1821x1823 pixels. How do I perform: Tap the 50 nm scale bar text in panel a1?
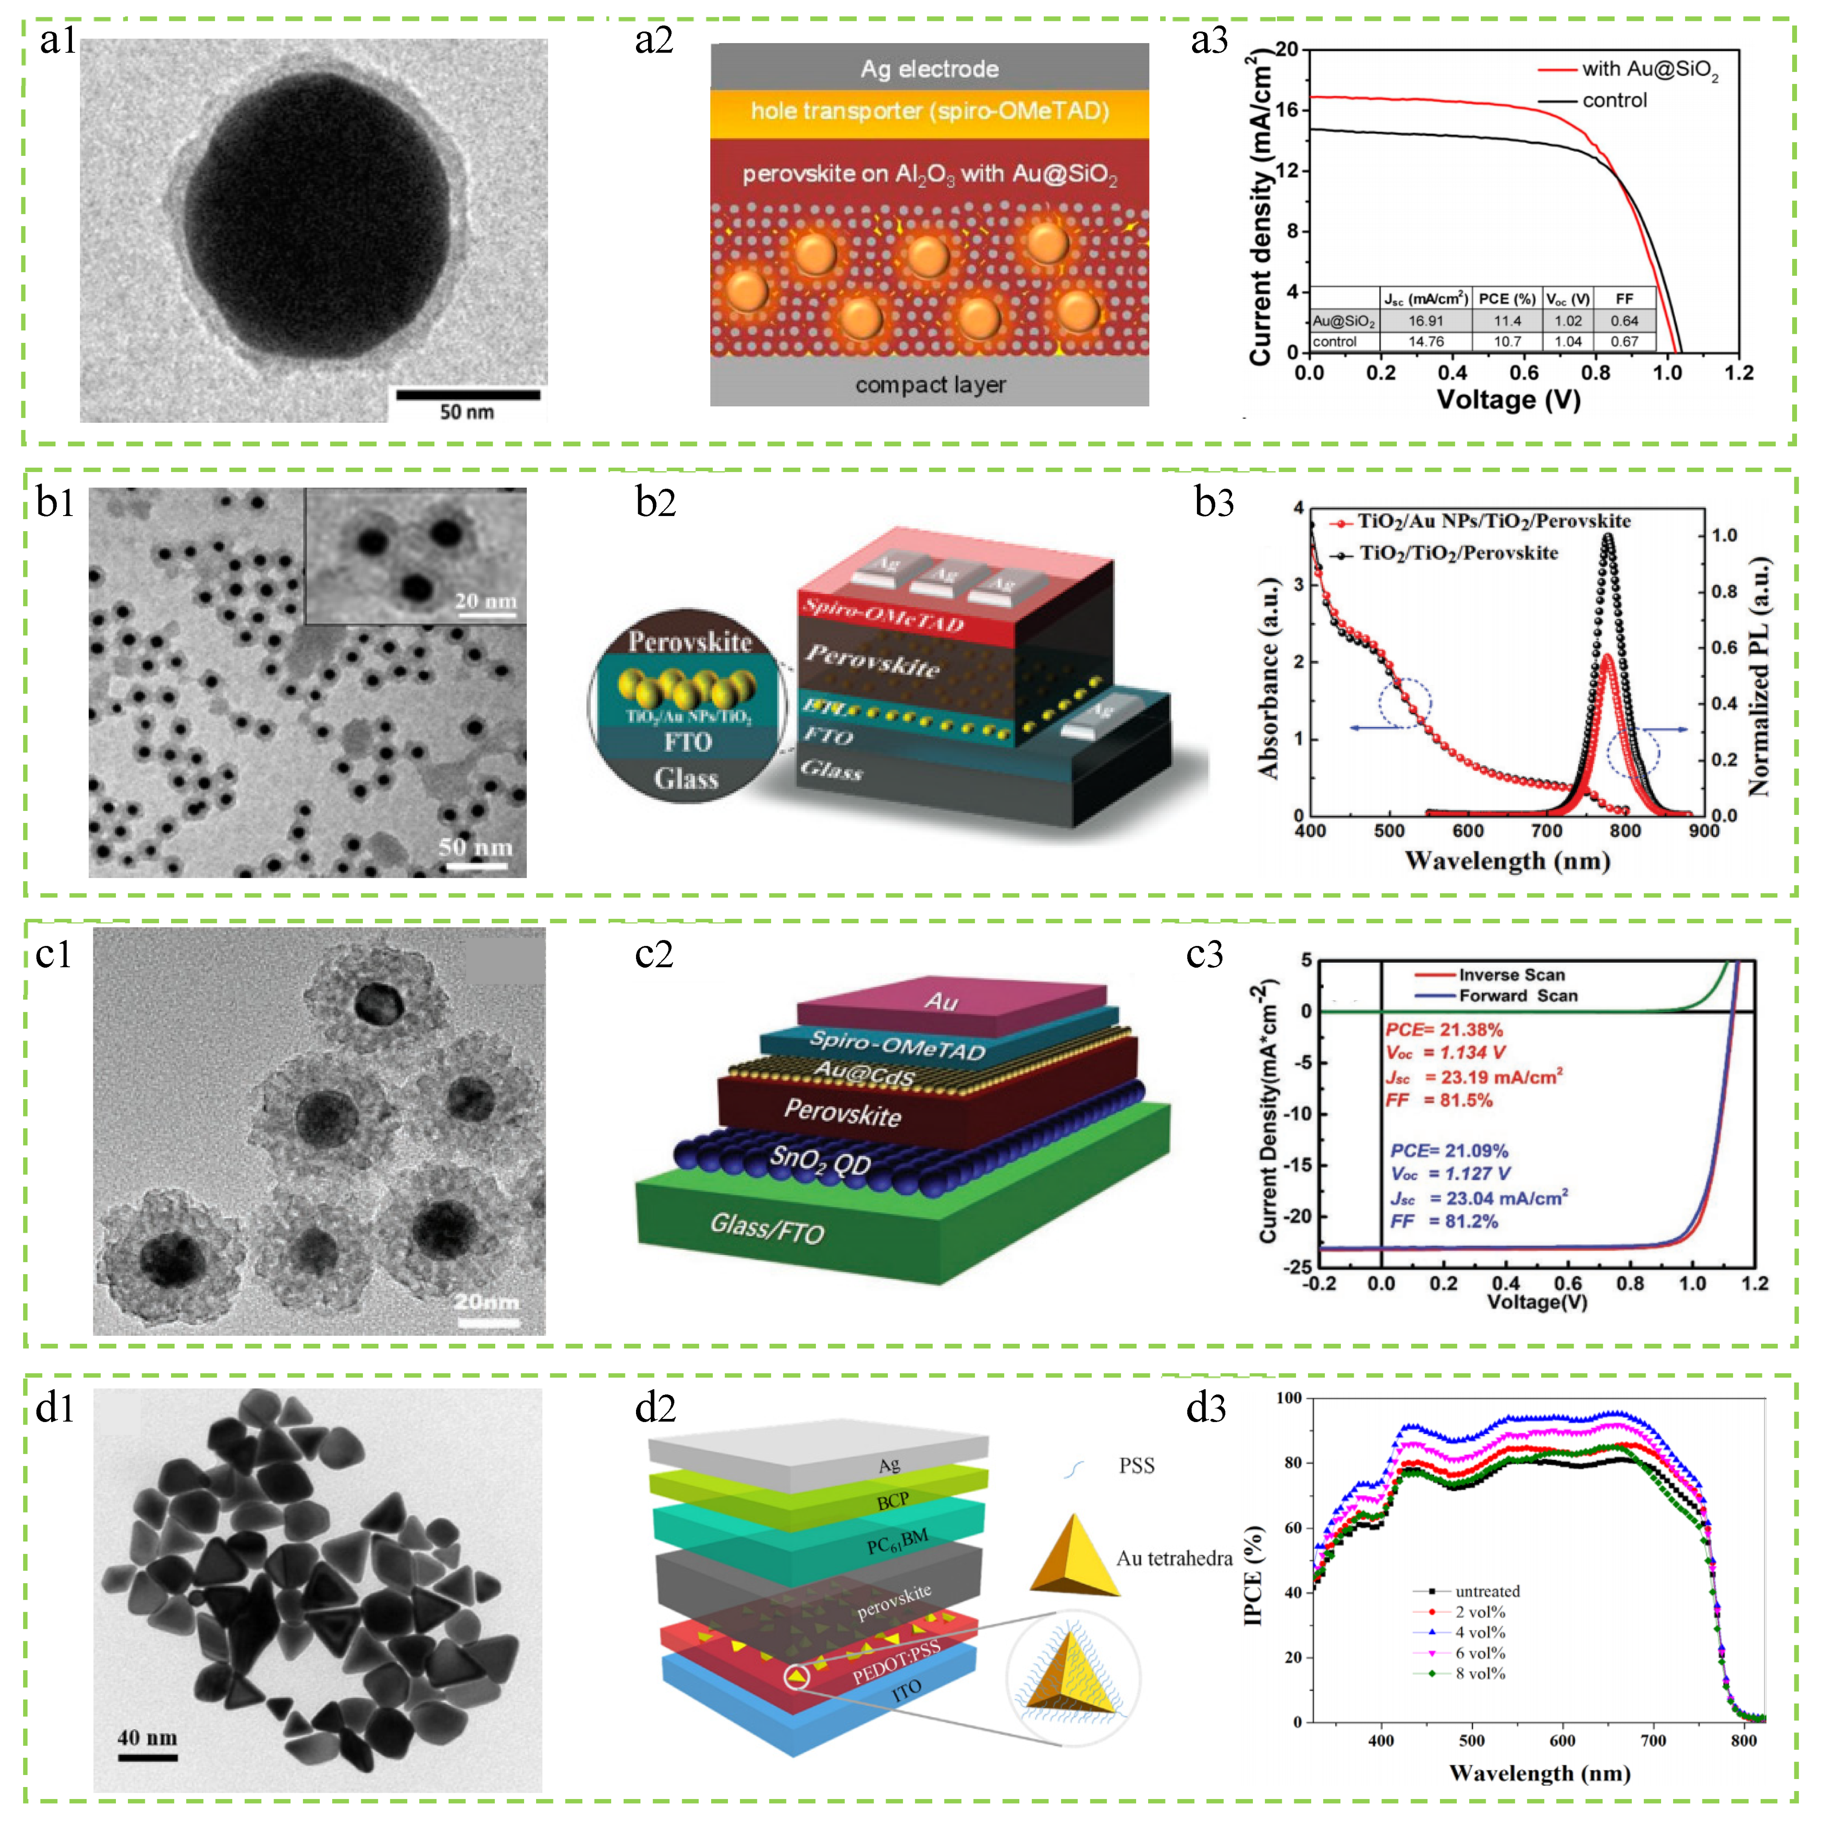coord(466,411)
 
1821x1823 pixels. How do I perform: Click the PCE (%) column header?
coord(1507,298)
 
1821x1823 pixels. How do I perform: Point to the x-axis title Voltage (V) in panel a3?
coord(1508,400)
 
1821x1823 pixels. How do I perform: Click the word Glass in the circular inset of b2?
coord(687,778)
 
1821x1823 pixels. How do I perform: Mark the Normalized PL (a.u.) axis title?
coord(1759,676)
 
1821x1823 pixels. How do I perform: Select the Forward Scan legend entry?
coord(1517,996)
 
